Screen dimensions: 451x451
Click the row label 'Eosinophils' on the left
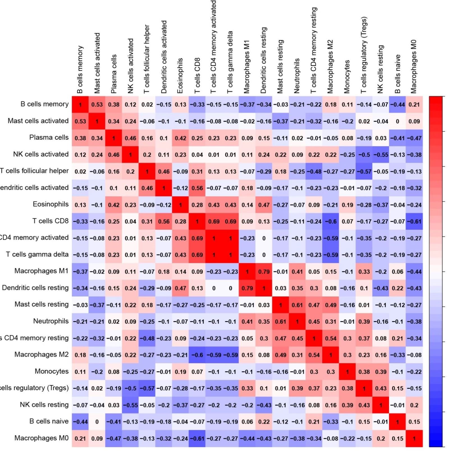[51, 204]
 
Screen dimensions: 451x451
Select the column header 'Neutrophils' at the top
[297, 76]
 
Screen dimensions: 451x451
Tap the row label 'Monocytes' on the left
[51, 371]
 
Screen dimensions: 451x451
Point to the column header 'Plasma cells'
[113, 74]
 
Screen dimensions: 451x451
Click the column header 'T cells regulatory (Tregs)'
[364, 55]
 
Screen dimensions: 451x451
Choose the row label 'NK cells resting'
[44, 405]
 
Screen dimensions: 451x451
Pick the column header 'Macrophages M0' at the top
[414, 67]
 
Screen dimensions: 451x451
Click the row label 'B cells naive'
[49, 421]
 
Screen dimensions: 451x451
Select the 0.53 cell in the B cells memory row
[97, 104]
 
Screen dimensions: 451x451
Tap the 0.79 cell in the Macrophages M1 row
[264, 271]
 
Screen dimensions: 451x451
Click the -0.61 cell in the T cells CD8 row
[414, 221]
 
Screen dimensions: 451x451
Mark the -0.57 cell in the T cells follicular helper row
[364, 171]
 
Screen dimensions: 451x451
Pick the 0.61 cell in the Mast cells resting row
[297, 305]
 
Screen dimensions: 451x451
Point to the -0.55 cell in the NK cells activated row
[381, 155]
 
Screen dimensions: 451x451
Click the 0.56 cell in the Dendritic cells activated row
[197, 188]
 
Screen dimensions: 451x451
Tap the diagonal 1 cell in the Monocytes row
[347, 372]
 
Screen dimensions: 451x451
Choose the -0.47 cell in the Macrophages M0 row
[114, 438]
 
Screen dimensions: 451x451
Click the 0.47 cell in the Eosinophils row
[264, 205]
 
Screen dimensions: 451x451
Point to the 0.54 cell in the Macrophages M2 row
[314, 355]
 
